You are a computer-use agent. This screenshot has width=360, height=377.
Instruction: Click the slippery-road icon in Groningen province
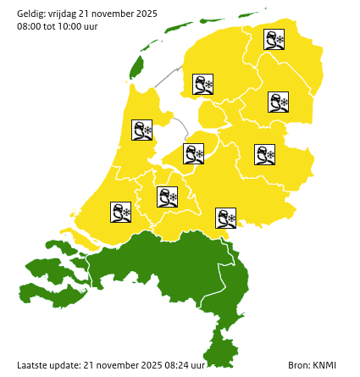pyautogui.click(x=274, y=39)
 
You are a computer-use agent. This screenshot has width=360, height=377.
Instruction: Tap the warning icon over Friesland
pyautogui.click(x=202, y=84)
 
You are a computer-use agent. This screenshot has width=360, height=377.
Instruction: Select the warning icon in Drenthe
pyautogui.click(x=279, y=103)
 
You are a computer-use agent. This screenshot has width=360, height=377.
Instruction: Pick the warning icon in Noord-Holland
pyautogui.click(x=141, y=130)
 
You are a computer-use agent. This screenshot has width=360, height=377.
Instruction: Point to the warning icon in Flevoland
pyautogui.click(x=194, y=153)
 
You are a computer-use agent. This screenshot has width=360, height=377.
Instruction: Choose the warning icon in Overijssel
pyautogui.click(x=265, y=154)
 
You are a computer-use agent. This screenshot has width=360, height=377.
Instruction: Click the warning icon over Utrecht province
pyautogui.click(x=167, y=197)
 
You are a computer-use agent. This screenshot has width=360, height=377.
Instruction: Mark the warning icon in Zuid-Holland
pyautogui.click(x=121, y=212)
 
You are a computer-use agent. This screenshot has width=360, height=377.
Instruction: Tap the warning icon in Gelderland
pyautogui.click(x=225, y=218)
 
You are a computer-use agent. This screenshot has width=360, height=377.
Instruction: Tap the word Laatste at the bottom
pyautogui.click(x=32, y=365)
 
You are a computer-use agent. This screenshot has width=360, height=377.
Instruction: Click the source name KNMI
pyautogui.click(x=324, y=365)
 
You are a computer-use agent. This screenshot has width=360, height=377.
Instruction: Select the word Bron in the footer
pyautogui.click(x=298, y=365)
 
